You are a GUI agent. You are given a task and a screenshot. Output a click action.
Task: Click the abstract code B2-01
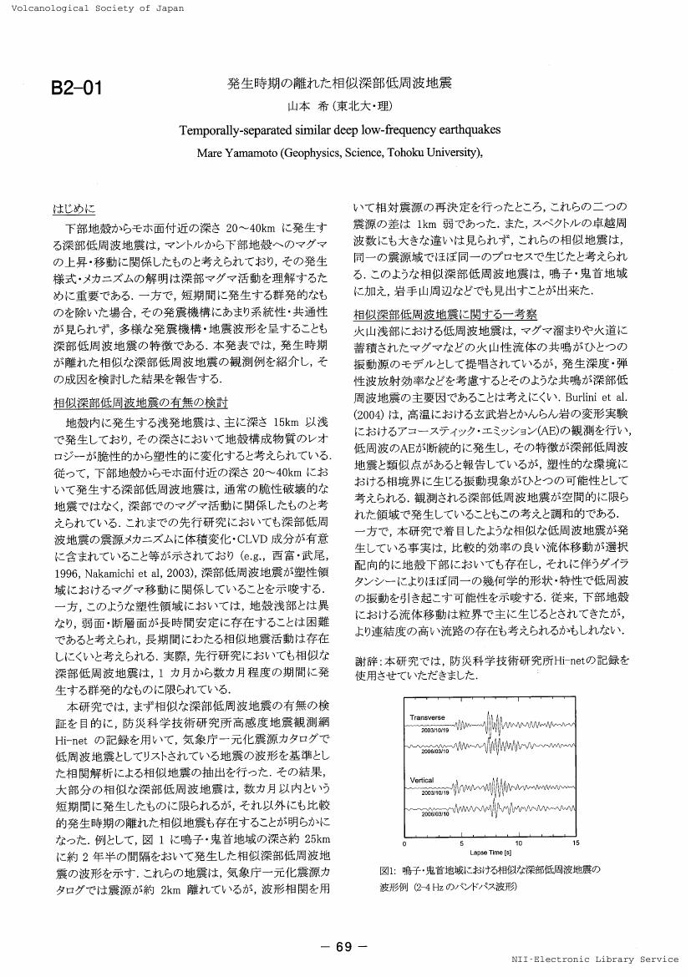coord(77,89)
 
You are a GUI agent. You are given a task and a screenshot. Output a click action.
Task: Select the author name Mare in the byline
coord(211,153)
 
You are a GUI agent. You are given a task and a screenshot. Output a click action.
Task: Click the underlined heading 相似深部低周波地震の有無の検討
coord(140,402)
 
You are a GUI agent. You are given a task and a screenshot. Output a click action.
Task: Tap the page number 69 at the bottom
coord(344,947)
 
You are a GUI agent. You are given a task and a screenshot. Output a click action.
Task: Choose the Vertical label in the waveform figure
coord(422,780)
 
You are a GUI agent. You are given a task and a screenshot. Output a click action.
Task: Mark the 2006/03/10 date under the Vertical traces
coord(435,813)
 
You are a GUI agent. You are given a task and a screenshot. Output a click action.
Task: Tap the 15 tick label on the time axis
coord(575,843)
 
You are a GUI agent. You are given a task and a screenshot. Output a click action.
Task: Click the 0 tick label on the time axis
coord(405,843)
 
